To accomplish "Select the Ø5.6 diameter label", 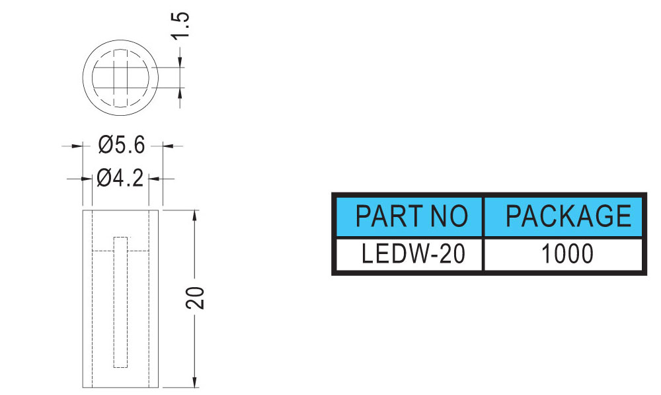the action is tap(122, 145).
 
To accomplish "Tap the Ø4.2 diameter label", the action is tap(120, 178).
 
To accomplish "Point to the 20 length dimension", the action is tap(195, 298).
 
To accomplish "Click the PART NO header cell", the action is tap(409, 216).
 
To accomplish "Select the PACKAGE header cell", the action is tap(564, 216).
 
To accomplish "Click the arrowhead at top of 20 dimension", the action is tap(194, 215).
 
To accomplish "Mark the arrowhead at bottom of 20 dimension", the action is tap(194, 382).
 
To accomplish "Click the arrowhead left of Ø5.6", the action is tap(77, 146).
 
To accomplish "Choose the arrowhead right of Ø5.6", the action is tap(168, 146).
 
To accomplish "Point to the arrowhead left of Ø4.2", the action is tap(87, 179).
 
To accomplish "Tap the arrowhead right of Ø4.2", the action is tap(154, 179).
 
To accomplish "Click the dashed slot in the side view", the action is tap(120, 302).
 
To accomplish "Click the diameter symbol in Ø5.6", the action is tap(106, 145).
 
